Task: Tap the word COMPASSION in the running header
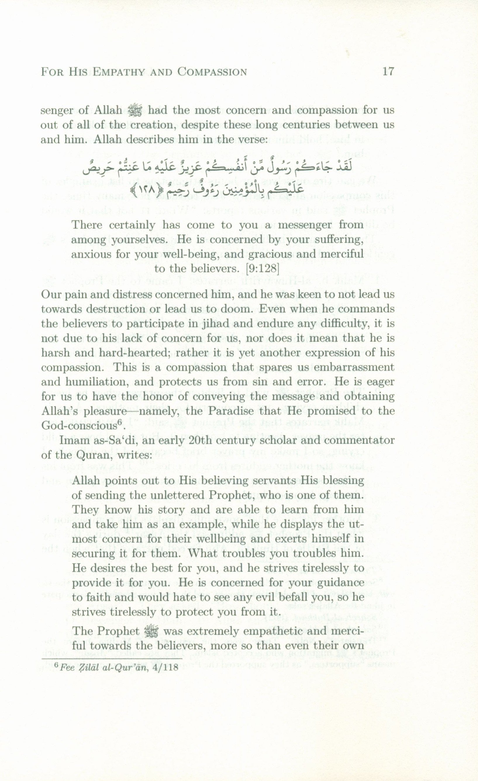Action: point(212,72)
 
